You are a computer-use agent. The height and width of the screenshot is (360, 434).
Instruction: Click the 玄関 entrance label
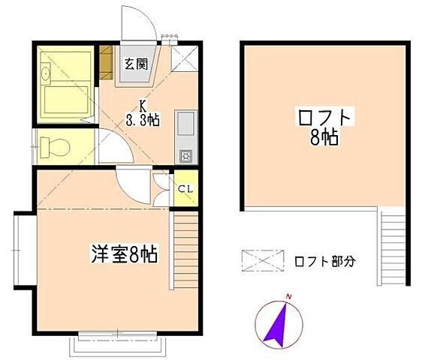pos(136,64)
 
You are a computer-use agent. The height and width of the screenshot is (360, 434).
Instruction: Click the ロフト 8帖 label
pos(325,126)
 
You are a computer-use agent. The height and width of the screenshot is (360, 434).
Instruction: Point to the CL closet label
pos(185,188)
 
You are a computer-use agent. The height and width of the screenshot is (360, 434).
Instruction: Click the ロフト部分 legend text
pos(324,262)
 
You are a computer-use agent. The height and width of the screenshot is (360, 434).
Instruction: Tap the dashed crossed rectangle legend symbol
pos(263,260)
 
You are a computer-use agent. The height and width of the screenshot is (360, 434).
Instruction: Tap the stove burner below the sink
pos(185,155)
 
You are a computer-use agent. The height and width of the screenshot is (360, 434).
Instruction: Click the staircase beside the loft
pos(392,247)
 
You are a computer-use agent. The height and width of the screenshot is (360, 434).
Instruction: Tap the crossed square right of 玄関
pos(185,58)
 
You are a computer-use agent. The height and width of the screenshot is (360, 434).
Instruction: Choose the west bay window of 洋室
pos(23,250)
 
